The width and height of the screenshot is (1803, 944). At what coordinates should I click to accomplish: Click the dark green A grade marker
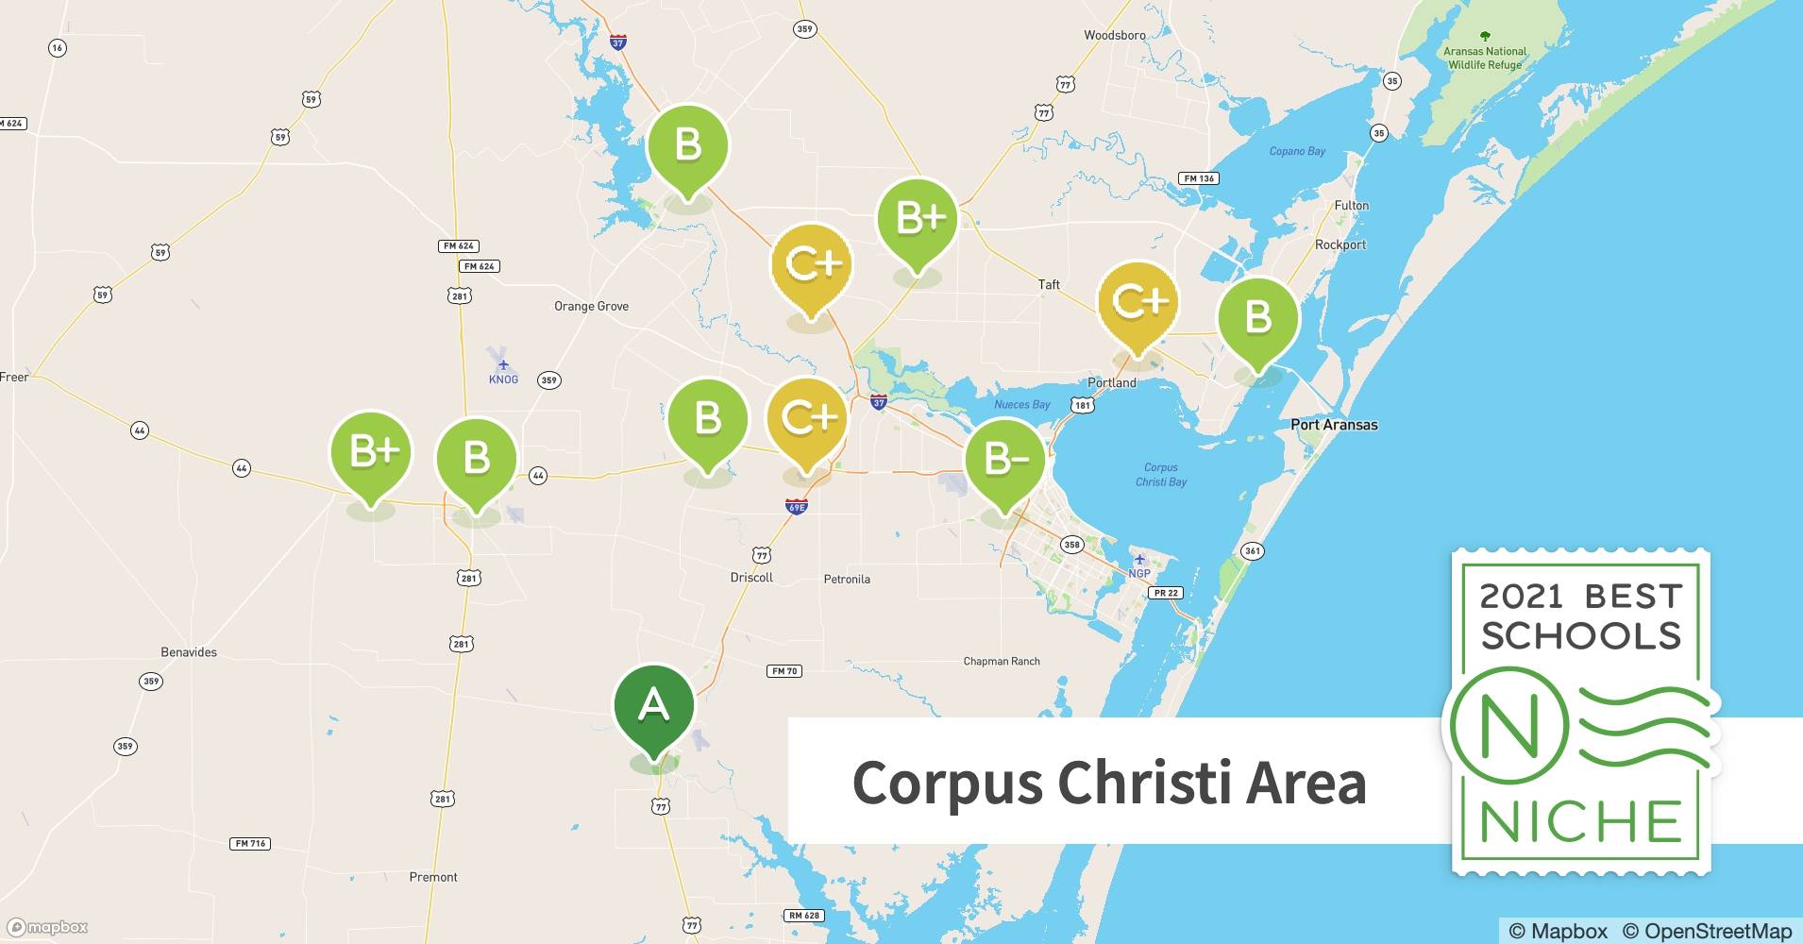tap(653, 707)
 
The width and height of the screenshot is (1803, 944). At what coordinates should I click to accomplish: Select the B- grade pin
tap(1004, 460)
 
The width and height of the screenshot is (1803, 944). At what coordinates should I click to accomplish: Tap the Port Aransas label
tap(1333, 425)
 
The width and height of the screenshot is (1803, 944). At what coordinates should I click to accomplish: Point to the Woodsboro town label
tap(1114, 35)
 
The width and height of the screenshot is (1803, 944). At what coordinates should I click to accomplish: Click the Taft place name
tap(1049, 284)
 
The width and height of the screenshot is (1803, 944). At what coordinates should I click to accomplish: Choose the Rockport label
tap(1340, 244)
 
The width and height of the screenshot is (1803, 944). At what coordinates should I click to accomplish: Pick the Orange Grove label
tap(591, 306)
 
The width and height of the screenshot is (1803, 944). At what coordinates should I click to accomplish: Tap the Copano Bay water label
tap(1297, 151)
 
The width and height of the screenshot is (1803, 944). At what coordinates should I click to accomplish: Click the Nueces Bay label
tap(1021, 405)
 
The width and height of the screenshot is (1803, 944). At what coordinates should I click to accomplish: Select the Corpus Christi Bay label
tap(1160, 474)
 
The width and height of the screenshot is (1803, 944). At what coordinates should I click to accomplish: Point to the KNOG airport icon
tap(503, 364)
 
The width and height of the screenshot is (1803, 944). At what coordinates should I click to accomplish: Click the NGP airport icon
tap(1139, 560)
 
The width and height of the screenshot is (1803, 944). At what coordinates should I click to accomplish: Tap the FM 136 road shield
tap(1199, 178)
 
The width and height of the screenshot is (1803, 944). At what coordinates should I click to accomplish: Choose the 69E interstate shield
tap(796, 507)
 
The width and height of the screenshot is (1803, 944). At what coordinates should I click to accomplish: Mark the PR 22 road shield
tap(1166, 593)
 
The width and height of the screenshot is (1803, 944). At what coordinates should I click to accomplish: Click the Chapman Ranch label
tap(1001, 662)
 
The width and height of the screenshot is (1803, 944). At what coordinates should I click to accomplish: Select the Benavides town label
tap(189, 652)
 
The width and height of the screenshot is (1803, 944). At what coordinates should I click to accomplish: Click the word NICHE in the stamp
tap(1580, 822)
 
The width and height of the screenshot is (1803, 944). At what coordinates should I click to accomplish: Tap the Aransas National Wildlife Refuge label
tap(1484, 59)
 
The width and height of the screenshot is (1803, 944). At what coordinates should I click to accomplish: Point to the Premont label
tap(433, 877)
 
